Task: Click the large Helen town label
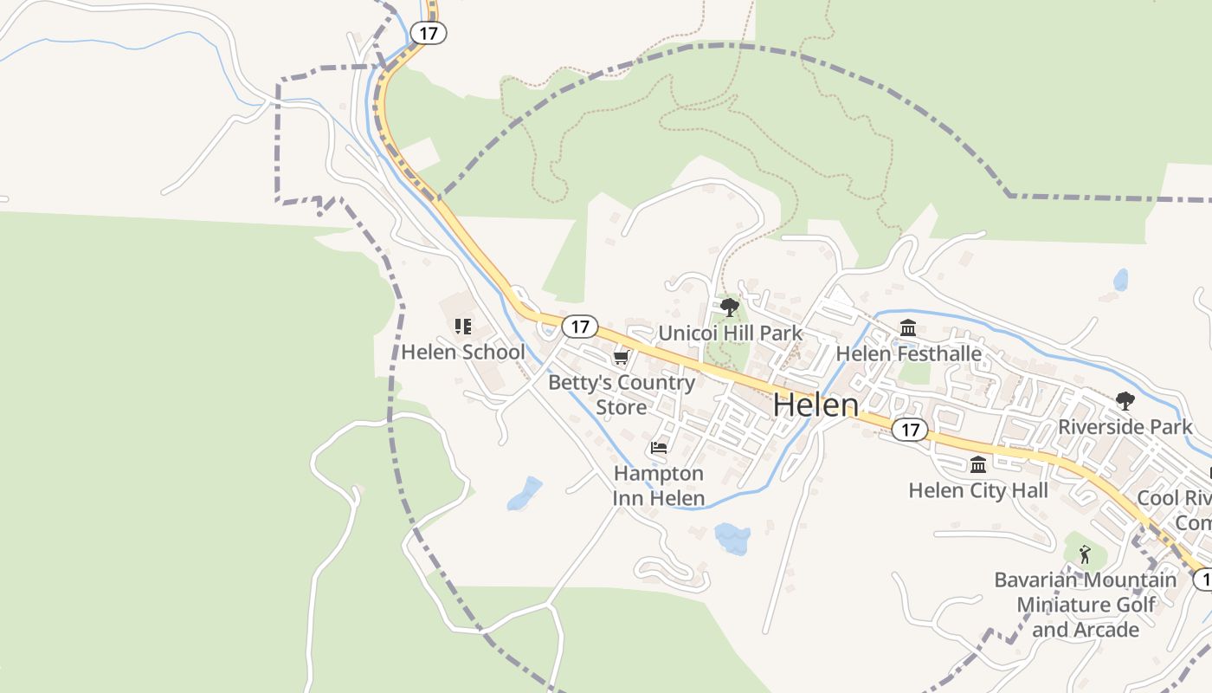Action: click(815, 405)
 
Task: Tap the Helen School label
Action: click(462, 353)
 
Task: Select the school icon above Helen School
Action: click(462, 327)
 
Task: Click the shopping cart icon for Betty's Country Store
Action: click(621, 358)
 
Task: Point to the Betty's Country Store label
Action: click(622, 394)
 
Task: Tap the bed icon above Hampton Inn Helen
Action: click(659, 448)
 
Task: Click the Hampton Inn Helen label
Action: click(659, 486)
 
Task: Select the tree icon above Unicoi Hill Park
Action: click(730, 307)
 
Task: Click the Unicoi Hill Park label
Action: click(730, 334)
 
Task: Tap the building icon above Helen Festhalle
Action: click(908, 328)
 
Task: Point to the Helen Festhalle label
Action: click(908, 353)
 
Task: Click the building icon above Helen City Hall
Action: click(978, 465)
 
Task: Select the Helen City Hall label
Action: click(978, 490)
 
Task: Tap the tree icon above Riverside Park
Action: click(1125, 400)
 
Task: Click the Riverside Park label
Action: click(1125, 426)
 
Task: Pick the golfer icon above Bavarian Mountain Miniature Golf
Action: click(1085, 554)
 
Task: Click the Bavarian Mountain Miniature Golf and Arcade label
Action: click(1085, 605)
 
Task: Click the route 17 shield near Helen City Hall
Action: click(909, 430)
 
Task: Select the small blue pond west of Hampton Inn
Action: click(525, 493)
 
